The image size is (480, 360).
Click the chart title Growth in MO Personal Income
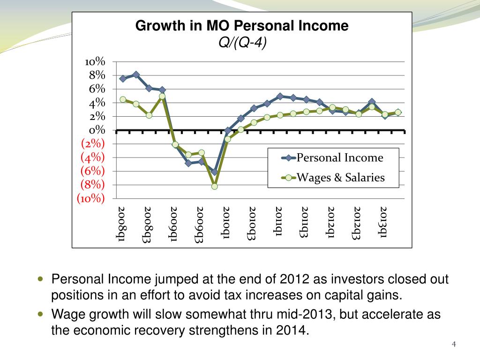[242, 26]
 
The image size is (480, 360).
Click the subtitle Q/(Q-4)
[242, 43]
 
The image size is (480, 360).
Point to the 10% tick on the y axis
[95, 62]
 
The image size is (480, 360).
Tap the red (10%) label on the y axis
[91, 198]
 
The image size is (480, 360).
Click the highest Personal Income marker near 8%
[136, 75]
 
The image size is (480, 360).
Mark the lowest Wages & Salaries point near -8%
[214, 186]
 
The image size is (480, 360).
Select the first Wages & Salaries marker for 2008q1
[123, 99]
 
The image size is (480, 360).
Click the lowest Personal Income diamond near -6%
[214, 172]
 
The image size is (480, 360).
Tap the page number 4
[453, 345]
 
